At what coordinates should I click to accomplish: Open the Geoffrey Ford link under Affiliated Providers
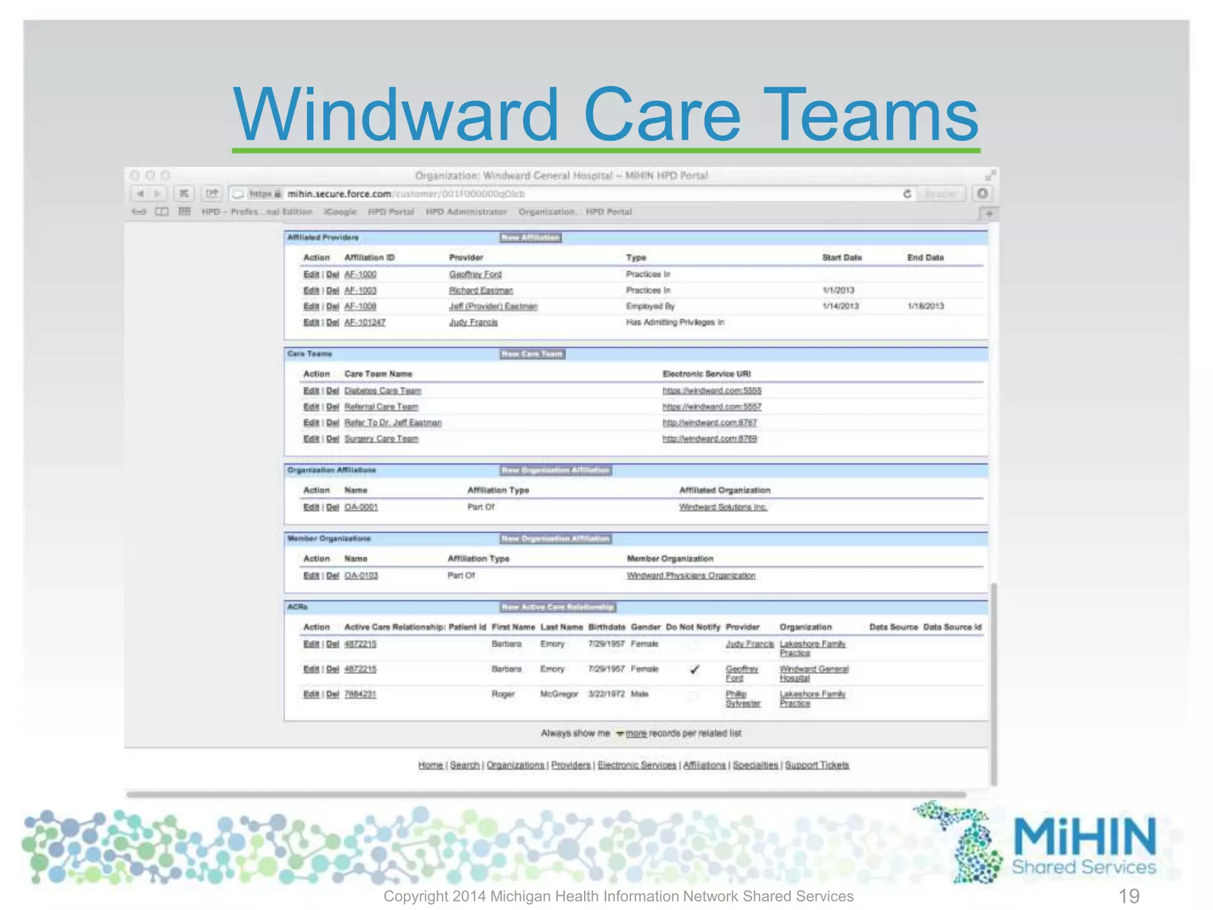tap(475, 274)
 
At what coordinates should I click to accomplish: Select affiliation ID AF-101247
tap(365, 322)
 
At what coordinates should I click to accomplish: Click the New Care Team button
tap(532, 354)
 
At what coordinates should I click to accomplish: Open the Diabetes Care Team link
tap(383, 391)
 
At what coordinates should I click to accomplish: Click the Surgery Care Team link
tap(381, 439)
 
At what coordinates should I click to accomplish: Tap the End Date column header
tap(925, 258)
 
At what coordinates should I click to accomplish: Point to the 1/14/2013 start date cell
tap(840, 306)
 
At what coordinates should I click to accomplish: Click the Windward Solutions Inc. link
tap(723, 507)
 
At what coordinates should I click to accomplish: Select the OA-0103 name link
tap(361, 576)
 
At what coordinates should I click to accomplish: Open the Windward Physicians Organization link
tap(691, 576)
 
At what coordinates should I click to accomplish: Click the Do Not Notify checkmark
tap(695, 669)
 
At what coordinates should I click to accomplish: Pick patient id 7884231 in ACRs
tap(360, 694)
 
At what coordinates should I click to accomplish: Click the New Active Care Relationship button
tap(557, 607)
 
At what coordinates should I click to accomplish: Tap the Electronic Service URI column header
tap(706, 374)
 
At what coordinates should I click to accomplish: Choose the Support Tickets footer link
tap(817, 765)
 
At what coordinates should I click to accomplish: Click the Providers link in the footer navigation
tap(570, 765)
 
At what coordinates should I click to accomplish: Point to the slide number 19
tap(1128, 896)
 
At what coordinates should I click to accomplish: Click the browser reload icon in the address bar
tap(907, 194)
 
